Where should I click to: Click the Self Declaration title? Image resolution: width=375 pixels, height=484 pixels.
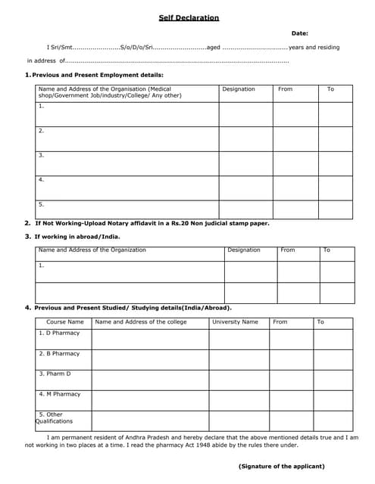(x=189, y=17)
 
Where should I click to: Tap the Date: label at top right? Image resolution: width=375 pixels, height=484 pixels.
(x=300, y=33)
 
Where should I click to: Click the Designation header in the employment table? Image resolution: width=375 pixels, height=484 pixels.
(x=238, y=89)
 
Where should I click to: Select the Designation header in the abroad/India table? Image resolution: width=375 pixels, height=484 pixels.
(x=243, y=250)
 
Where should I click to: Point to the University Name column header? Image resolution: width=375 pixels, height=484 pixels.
(x=235, y=322)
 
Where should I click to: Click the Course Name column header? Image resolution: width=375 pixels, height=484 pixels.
(x=64, y=322)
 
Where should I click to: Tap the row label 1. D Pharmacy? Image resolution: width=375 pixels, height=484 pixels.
(x=58, y=333)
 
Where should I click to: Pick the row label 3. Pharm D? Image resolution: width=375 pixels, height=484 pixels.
(x=55, y=374)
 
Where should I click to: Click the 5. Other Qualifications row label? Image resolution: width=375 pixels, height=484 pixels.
(x=55, y=417)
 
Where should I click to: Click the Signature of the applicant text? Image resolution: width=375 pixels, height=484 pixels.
(x=281, y=466)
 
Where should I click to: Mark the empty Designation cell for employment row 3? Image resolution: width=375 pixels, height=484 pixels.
(x=245, y=163)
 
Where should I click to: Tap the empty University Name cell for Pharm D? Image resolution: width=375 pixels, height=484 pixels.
(x=239, y=380)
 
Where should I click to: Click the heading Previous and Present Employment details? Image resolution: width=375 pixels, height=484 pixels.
(x=97, y=75)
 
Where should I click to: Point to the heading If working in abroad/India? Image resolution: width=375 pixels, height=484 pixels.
(x=77, y=237)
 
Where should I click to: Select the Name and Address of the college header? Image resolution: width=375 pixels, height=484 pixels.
(x=140, y=322)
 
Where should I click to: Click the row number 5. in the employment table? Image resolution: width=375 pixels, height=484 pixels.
(x=42, y=204)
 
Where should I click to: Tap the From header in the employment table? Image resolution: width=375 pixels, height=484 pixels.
(x=285, y=89)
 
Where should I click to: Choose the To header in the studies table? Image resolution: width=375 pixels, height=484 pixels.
(x=320, y=322)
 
